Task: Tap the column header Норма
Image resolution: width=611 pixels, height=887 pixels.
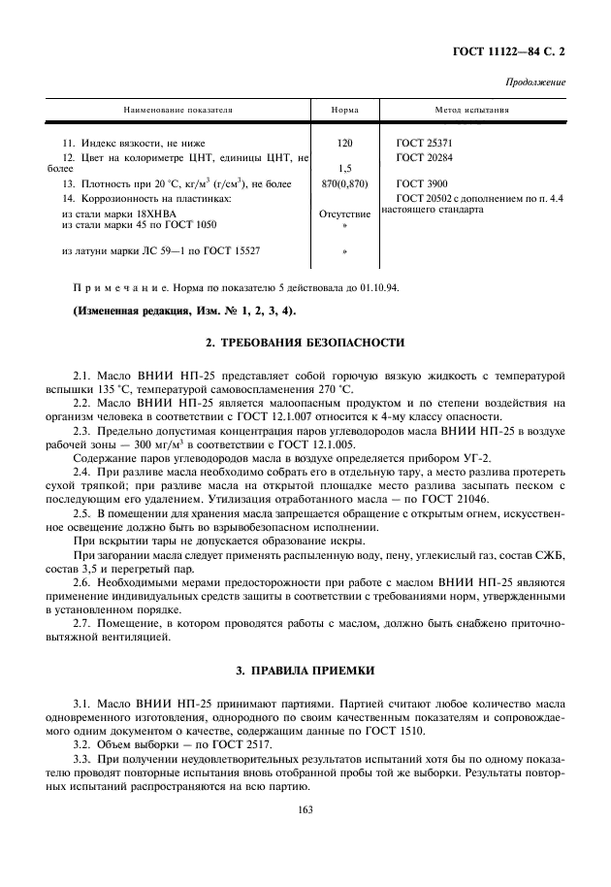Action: click(x=344, y=111)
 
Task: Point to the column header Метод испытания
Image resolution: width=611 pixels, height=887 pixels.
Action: click(x=472, y=111)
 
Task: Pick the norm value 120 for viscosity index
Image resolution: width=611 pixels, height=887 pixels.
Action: click(x=344, y=143)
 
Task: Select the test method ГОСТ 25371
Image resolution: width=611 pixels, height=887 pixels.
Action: click(x=424, y=143)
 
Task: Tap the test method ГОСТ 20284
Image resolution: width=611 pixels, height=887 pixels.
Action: click(x=424, y=156)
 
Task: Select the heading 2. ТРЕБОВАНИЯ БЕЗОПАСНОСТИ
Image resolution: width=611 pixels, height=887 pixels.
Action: click(x=305, y=344)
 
